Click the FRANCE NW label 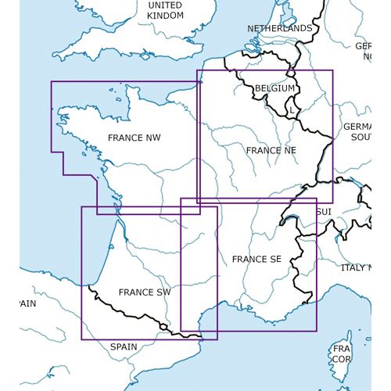click(x=135, y=138)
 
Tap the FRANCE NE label click(x=271, y=149)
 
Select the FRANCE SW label click(x=145, y=292)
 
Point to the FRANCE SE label click(x=256, y=259)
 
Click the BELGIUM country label click(x=274, y=88)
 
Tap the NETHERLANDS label click(x=279, y=28)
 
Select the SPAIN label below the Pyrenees click(x=123, y=346)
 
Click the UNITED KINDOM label click(x=165, y=10)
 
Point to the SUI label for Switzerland click(x=323, y=212)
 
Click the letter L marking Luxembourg click(x=291, y=110)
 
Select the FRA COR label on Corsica click(x=342, y=353)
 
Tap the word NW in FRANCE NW click(x=153, y=138)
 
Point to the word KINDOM click(x=165, y=16)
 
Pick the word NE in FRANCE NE click(x=289, y=149)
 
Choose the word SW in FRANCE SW click(x=163, y=292)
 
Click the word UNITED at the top click(x=165, y=5)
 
